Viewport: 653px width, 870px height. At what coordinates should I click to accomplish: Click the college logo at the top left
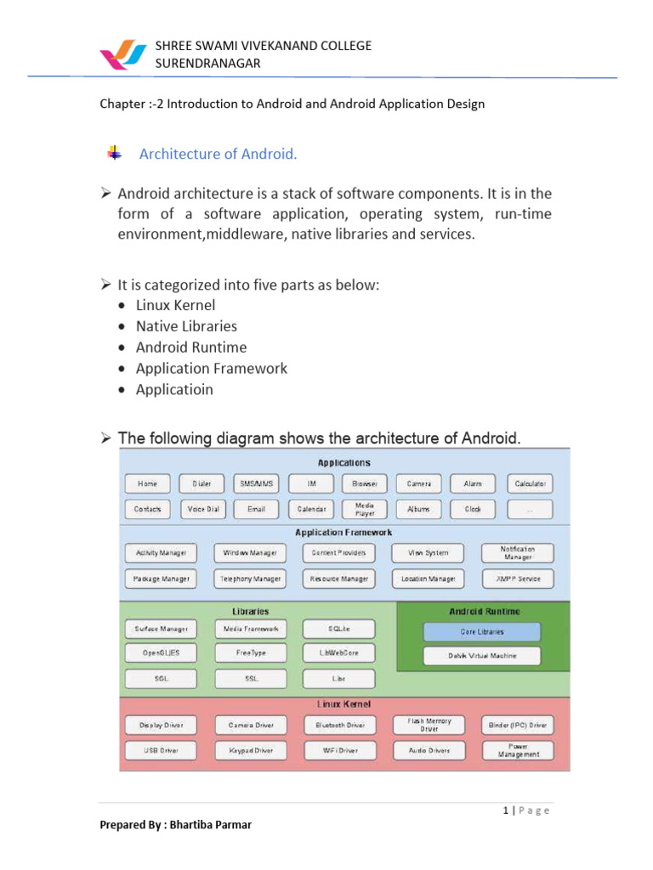coord(123,54)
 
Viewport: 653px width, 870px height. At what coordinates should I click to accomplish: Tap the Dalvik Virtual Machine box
coord(481,656)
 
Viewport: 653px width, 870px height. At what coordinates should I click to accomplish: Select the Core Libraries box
coord(481,632)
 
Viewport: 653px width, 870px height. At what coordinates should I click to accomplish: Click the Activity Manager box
coord(161,553)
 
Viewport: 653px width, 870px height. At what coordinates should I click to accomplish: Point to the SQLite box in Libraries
coord(338,630)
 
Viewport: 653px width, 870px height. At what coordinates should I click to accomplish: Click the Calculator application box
coord(529,484)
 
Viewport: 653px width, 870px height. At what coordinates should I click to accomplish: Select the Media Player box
coord(364,510)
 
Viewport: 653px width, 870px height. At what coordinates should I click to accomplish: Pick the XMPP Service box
coord(517,579)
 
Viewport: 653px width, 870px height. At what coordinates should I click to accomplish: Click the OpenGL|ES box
coord(161,653)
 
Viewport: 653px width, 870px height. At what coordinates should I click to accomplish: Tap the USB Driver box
coord(161,751)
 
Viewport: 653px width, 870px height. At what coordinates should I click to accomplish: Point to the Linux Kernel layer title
coord(344,704)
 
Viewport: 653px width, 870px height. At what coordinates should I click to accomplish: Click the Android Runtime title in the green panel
coord(485,611)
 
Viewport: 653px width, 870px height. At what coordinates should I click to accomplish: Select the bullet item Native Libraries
coord(187,326)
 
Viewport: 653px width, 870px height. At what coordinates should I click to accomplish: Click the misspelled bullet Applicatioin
coord(174,390)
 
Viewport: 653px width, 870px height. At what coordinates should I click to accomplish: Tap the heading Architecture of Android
coord(218,154)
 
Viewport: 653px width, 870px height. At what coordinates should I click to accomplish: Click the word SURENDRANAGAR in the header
coord(207,64)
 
